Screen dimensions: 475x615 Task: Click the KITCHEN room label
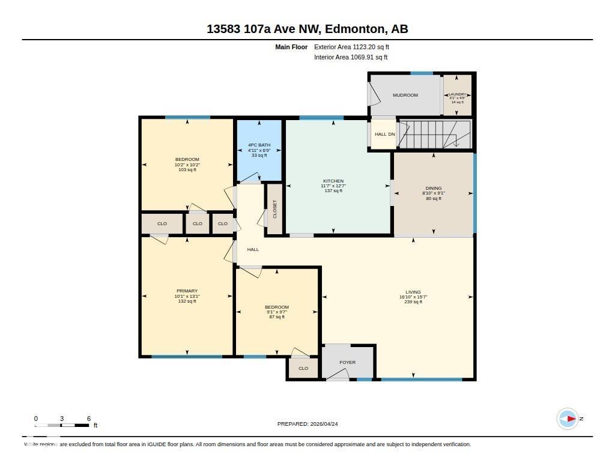(x=333, y=181)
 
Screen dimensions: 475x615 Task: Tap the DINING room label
(x=433, y=188)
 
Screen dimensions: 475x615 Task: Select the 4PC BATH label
(x=259, y=145)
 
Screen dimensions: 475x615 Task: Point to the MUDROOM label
(x=405, y=95)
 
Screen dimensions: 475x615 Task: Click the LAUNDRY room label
(x=457, y=94)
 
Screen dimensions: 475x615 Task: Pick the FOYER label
(x=347, y=362)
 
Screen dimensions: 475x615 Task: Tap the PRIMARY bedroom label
(x=187, y=291)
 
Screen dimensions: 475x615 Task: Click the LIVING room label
(x=413, y=292)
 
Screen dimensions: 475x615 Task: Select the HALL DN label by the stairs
(x=385, y=135)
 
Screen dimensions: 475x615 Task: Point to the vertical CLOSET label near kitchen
(x=275, y=209)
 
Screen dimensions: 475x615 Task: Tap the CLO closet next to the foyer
(x=303, y=368)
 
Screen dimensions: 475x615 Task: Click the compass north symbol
(x=568, y=419)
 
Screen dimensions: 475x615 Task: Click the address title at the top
(x=307, y=28)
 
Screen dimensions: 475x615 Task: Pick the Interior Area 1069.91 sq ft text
(x=351, y=58)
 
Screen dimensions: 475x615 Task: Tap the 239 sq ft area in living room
(x=413, y=302)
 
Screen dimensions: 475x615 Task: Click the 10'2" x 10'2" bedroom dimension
(x=187, y=165)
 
